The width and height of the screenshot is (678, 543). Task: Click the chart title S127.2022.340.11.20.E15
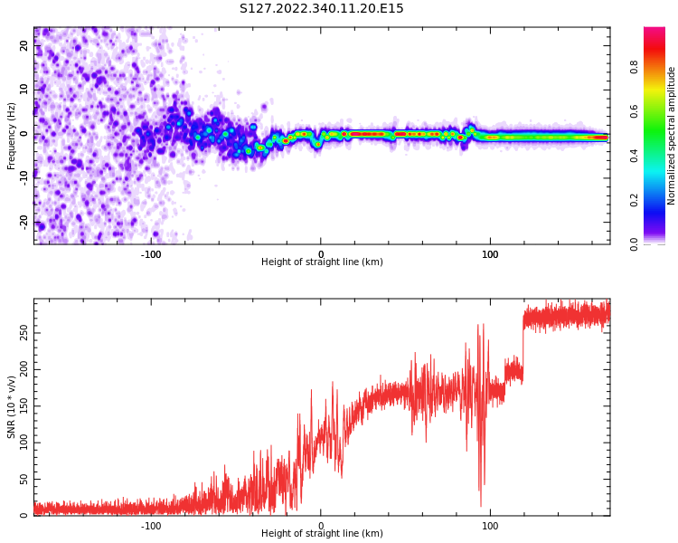pyautogui.click(x=321, y=9)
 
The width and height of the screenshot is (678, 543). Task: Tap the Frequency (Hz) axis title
pyautogui.click(x=12, y=136)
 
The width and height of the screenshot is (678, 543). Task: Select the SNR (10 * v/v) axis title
pyautogui.click(x=12, y=407)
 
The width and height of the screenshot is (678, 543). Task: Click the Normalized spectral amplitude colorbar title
pyautogui.click(x=672, y=136)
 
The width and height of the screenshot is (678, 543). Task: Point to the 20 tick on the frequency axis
pyautogui.click(x=24, y=45)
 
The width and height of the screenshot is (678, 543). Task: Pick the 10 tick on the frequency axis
pyautogui.click(x=24, y=89)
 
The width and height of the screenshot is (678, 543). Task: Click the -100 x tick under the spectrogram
pyautogui.click(x=151, y=254)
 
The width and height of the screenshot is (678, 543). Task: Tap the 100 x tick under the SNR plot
pyautogui.click(x=490, y=526)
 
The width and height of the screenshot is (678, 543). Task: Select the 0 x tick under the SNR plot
pyautogui.click(x=321, y=526)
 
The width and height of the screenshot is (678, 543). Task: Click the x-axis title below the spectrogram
pyautogui.click(x=322, y=262)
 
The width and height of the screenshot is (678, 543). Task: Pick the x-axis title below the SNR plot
pyautogui.click(x=322, y=534)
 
